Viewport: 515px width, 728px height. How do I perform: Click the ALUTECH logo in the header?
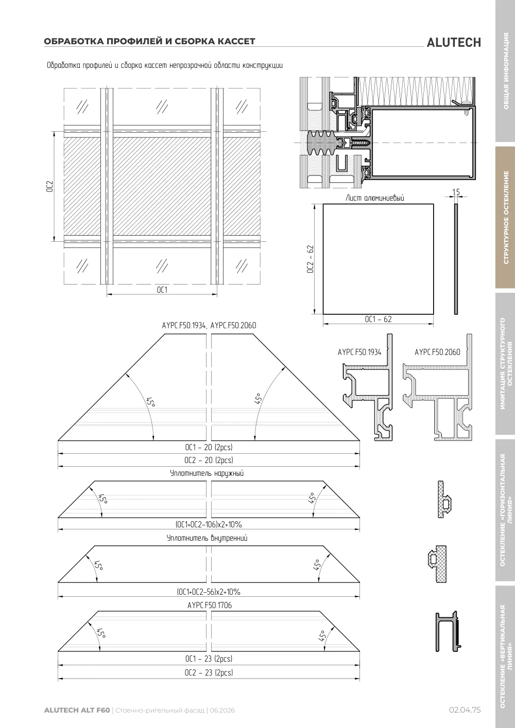click(454, 43)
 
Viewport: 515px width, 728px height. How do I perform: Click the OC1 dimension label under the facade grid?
click(162, 290)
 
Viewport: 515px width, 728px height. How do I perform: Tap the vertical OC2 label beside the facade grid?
click(49, 186)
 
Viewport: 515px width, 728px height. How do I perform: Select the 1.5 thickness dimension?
click(456, 192)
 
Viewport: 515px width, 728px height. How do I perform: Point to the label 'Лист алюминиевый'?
click(375, 198)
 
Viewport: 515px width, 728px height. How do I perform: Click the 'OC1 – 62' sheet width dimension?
click(378, 319)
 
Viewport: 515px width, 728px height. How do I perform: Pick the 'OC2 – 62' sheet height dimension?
click(311, 259)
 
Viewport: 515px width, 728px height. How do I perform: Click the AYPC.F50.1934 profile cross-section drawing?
click(368, 387)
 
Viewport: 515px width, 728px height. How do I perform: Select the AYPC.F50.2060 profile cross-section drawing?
click(437, 387)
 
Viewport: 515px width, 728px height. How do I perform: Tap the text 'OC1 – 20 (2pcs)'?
click(209, 447)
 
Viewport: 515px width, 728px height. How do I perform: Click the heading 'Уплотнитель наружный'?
click(207, 473)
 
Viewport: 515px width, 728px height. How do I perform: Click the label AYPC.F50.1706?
click(210, 605)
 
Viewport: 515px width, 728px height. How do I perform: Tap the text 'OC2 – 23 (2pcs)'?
click(209, 672)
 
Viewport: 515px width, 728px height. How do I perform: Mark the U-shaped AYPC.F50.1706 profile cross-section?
click(448, 631)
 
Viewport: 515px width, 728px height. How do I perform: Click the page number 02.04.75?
click(465, 710)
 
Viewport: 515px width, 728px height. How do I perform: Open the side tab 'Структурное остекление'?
click(505, 218)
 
